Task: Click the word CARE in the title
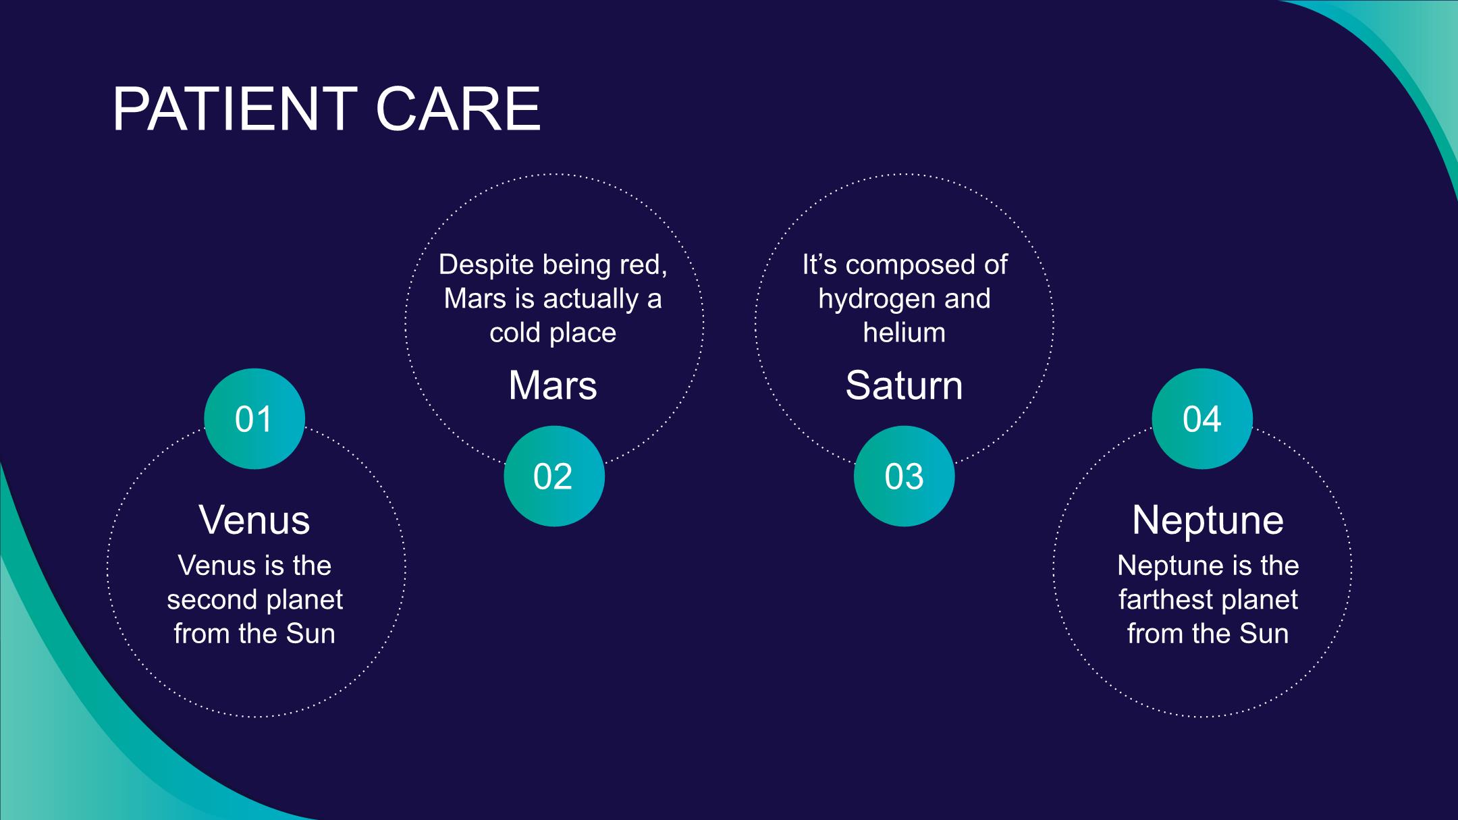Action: click(x=458, y=109)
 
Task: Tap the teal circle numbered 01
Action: click(x=254, y=418)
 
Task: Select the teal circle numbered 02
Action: click(x=554, y=476)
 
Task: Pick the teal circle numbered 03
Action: click(x=904, y=476)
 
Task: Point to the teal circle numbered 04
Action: click(x=1202, y=418)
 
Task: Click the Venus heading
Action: click(x=254, y=520)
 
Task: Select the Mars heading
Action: click(x=553, y=385)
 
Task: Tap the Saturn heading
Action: click(x=904, y=385)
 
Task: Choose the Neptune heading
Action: click(x=1208, y=520)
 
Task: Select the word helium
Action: click(x=904, y=333)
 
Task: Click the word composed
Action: click(x=913, y=265)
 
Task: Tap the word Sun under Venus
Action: click(x=310, y=634)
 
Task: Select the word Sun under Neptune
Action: click(x=1264, y=634)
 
